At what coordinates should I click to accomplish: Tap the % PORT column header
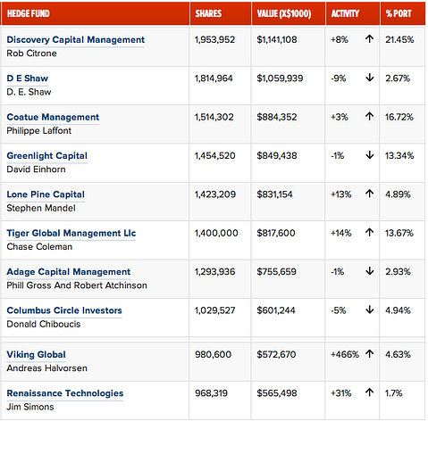(x=400, y=14)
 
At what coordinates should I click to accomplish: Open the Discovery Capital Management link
(x=75, y=40)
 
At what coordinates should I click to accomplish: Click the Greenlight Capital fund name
(x=46, y=156)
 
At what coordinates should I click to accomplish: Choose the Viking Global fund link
(x=36, y=355)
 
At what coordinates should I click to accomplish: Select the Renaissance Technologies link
(x=65, y=393)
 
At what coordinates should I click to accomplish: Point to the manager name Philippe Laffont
(x=39, y=131)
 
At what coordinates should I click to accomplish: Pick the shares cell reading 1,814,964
(x=215, y=78)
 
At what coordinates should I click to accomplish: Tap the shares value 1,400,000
(x=216, y=233)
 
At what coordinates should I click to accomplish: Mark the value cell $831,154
(x=280, y=194)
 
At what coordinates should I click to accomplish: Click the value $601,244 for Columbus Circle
(x=280, y=310)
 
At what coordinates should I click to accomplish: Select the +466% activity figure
(x=344, y=354)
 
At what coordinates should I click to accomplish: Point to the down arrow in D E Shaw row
(x=369, y=78)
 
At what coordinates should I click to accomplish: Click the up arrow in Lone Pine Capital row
(x=369, y=194)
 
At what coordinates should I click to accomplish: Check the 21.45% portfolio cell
(x=399, y=40)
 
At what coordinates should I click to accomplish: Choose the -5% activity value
(x=339, y=310)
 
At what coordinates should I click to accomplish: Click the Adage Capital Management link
(x=68, y=272)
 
